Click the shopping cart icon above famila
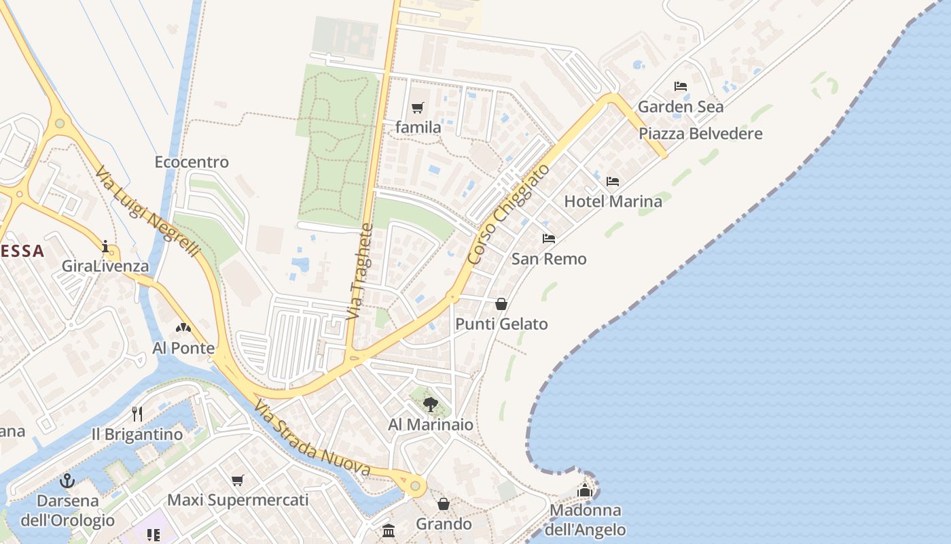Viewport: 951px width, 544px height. (417, 107)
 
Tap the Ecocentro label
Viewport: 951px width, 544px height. (192, 162)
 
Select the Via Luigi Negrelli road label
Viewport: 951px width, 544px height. (149, 211)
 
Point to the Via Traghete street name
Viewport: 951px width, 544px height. (359, 272)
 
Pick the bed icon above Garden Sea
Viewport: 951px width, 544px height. (680, 86)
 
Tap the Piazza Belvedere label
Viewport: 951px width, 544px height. (700, 133)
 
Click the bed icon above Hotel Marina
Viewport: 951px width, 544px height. (613, 182)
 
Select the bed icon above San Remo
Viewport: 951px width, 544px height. (549, 239)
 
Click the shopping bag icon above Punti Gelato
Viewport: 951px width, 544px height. (501, 304)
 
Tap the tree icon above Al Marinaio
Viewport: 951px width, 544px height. (430, 405)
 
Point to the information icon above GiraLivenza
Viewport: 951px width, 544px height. (105, 246)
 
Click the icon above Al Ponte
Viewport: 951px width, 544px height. (183, 328)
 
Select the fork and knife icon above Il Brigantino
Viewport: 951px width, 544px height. (137, 413)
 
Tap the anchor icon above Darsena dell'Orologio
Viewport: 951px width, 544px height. (67, 481)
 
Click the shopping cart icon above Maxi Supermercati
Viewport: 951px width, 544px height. (237, 480)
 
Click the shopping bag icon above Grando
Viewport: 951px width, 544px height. (444, 504)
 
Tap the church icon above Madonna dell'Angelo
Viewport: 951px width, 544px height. (585, 490)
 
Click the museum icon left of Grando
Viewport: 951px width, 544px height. (389, 530)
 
